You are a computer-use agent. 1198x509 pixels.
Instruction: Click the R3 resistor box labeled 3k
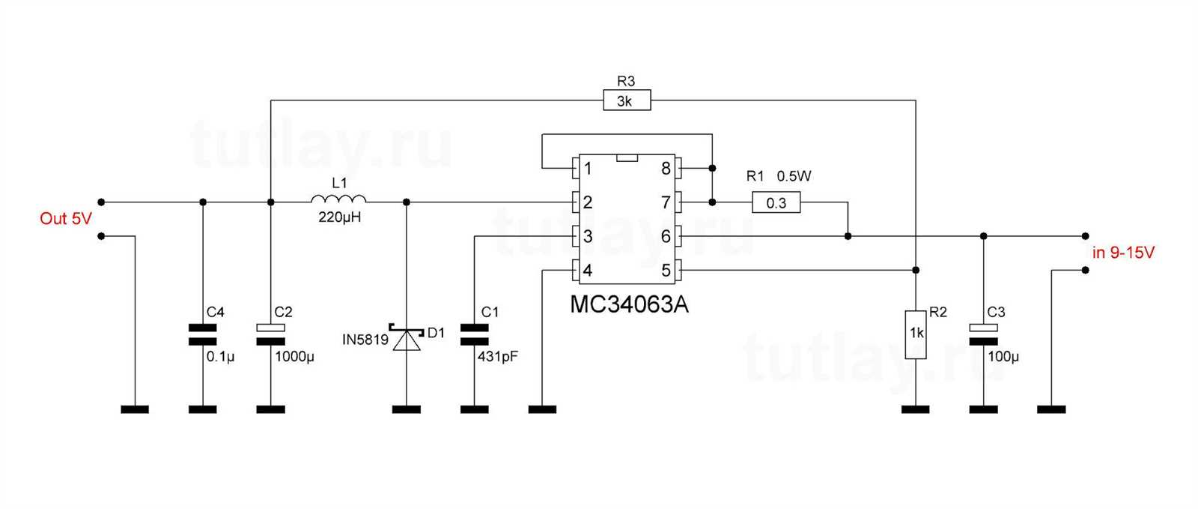click(x=627, y=100)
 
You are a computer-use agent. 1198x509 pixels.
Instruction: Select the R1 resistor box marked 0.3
click(x=776, y=202)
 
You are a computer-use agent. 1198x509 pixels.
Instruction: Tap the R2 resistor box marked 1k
click(x=916, y=334)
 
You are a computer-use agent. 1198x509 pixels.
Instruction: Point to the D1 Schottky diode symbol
click(x=407, y=339)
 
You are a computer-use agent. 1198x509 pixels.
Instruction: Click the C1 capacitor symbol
click(x=474, y=334)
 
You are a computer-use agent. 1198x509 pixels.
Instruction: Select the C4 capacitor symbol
click(x=202, y=334)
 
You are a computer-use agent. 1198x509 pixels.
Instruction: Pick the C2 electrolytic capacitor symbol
click(x=270, y=334)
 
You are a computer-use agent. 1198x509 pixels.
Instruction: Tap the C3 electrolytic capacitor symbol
click(x=983, y=334)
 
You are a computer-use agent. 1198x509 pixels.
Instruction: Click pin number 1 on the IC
click(x=588, y=168)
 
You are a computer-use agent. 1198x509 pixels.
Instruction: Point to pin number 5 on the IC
click(x=666, y=271)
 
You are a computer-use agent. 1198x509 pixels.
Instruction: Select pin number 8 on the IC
click(x=666, y=168)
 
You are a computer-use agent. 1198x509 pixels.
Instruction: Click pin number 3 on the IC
click(x=588, y=237)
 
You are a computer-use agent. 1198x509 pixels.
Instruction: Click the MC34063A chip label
click(x=629, y=305)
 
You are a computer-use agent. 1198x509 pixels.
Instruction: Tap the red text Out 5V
click(x=66, y=219)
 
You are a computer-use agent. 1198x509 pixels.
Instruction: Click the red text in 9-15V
click(x=1123, y=253)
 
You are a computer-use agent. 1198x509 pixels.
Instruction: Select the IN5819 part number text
click(x=365, y=340)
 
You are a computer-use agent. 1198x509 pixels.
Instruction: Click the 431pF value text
click(x=498, y=357)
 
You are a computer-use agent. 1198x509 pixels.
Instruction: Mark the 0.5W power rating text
click(x=794, y=177)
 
